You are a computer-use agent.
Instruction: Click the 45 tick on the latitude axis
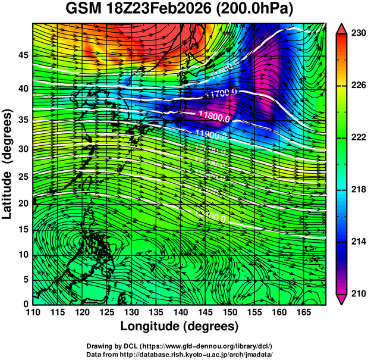pos(22,55)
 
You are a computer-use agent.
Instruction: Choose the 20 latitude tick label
pos(22,204)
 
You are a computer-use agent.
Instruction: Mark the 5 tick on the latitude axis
pos(25,279)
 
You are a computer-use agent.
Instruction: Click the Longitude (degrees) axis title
pos(180,326)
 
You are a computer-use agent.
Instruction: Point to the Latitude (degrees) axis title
pos(8,164)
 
